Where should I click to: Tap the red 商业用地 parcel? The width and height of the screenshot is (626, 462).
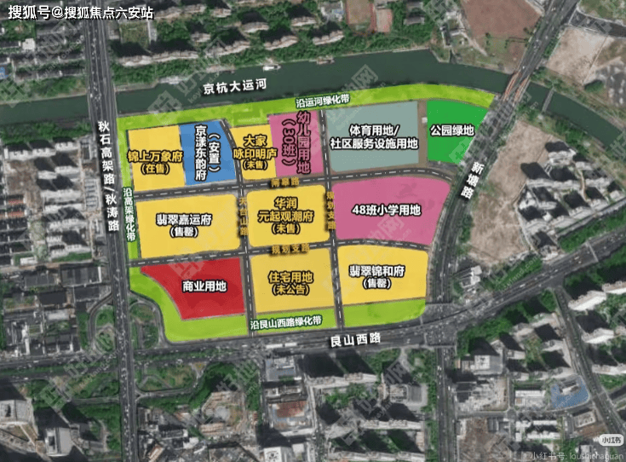[194, 286]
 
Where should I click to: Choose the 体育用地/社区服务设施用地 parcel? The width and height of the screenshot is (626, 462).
[372, 136]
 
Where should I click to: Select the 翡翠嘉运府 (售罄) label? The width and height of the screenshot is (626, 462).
[184, 224]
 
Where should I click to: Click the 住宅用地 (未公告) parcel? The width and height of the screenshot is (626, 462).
[290, 282]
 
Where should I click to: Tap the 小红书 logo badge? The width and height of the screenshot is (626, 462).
[611, 440]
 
